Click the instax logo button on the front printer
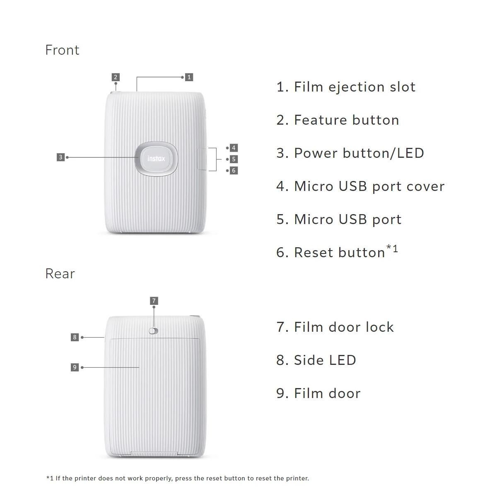[x=156, y=159]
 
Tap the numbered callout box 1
[x=189, y=77]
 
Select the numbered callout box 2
[x=116, y=77]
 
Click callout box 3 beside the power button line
[x=60, y=157]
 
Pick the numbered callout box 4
[x=234, y=148]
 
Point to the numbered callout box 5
[x=234, y=159]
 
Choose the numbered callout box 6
[x=234, y=171]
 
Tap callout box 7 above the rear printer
[x=154, y=301]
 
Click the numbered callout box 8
[x=75, y=337]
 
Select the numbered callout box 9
[x=75, y=367]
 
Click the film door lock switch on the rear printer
[x=154, y=331]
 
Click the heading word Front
[x=62, y=50]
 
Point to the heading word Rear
[x=60, y=274]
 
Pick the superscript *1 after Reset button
[x=392, y=249]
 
